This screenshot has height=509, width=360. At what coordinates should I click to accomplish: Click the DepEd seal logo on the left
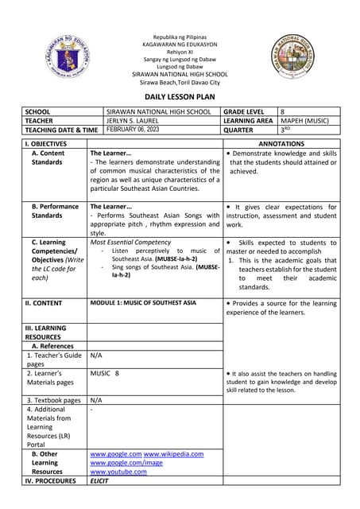56,56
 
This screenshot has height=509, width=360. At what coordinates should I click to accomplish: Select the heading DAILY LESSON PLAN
179,95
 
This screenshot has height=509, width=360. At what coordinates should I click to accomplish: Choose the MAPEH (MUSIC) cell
306,121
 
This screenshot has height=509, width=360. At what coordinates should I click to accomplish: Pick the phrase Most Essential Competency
130,242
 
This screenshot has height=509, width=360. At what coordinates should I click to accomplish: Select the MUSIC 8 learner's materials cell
105,373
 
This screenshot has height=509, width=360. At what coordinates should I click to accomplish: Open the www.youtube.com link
118,472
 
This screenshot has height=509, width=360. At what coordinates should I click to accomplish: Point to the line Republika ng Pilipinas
179,37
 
